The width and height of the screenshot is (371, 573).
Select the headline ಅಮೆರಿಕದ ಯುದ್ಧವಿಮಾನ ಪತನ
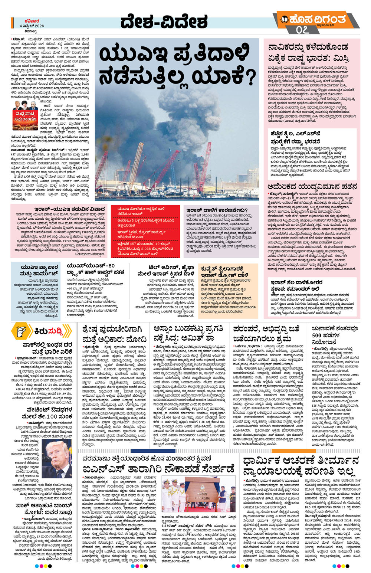coord(312,187)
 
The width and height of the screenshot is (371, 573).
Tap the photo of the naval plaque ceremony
coord(198,494)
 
